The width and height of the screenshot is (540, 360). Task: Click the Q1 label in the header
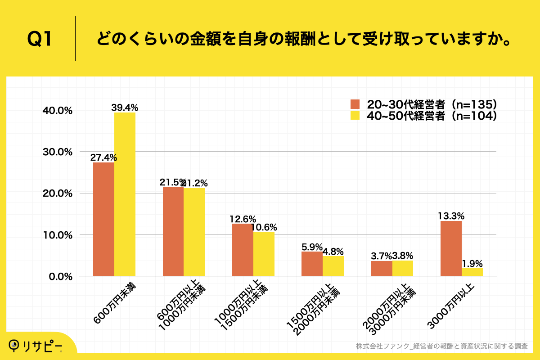pyautogui.click(x=40, y=40)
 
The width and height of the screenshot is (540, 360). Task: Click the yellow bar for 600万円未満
pyautogui.click(x=125, y=194)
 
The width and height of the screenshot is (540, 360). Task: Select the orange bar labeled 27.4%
pyautogui.click(x=103, y=219)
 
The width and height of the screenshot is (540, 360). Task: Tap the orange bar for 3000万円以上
pyautogui.click(x=451, y=248)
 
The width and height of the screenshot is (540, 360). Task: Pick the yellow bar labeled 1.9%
pyautogui.click(x=472, y=272)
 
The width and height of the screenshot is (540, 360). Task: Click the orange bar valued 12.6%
pyautogui.click(x=243, y=250)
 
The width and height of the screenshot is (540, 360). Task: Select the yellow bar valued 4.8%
pyautogui.click(x=333, y=266)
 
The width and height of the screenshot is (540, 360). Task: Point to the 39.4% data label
pyautogui.click(x=125, y=108)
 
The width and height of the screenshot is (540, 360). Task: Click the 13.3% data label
pyautogui.click(x=451, y=216)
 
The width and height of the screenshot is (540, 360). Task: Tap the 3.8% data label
pyautogui.click(x=403, y=256)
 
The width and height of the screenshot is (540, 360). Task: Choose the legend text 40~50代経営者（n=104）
pyautogui.click(x=432, y=116)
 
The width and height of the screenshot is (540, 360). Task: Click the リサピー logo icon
pyautogui.click(x=15, y=345)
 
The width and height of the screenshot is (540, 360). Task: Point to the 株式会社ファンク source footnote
pyautogui.click(x=441, y=346)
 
